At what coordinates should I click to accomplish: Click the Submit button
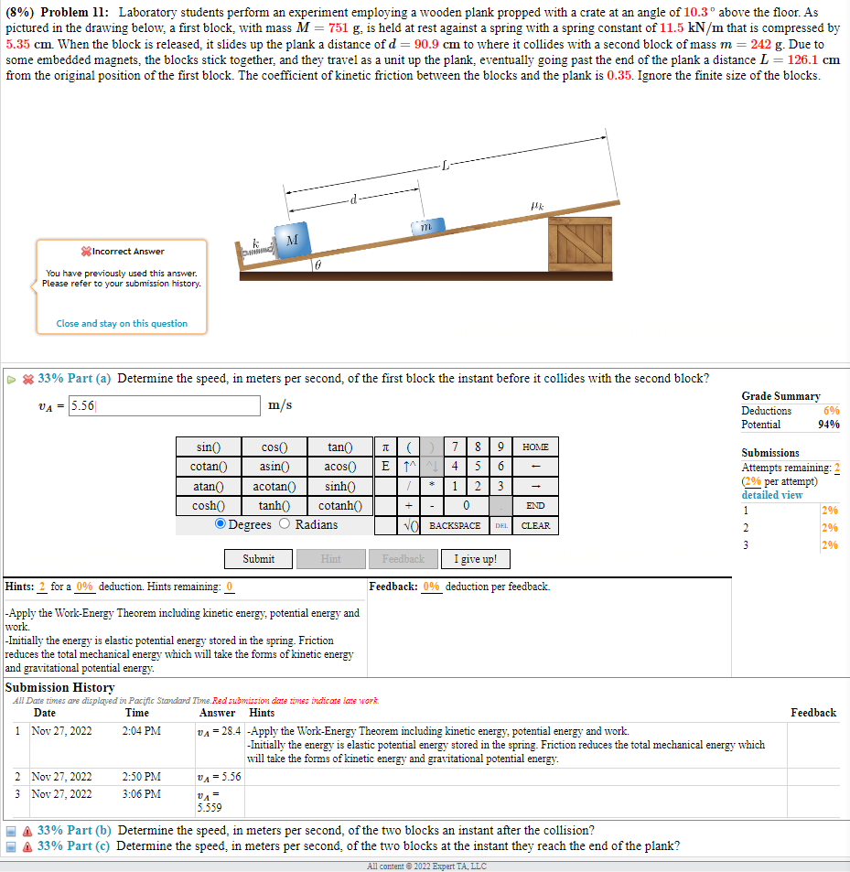(259, 558)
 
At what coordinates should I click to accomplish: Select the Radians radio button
(285, 524)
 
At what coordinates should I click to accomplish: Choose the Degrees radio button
(221, 524)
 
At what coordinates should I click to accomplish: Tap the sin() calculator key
(209, 447)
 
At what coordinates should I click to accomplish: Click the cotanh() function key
(339, 505)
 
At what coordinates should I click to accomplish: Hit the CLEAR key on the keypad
(535, 525)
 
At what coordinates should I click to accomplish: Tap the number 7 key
(456, 447)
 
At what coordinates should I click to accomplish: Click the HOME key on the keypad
(535, 447)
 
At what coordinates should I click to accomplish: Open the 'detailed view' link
(771, 495)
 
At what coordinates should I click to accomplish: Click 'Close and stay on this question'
(122, 323)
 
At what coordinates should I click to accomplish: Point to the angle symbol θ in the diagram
(317, 264)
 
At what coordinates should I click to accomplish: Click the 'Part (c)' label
(90, 845)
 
